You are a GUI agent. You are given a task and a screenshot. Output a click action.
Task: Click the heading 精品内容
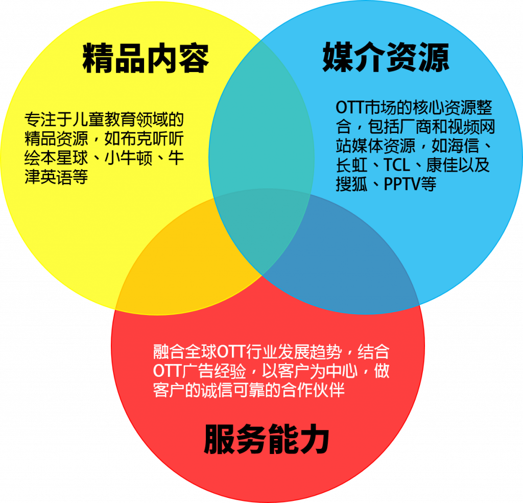146,58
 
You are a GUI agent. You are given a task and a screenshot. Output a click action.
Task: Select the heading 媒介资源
386,57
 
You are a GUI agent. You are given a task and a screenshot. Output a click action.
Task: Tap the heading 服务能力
267,439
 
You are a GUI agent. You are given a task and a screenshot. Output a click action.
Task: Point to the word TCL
396,165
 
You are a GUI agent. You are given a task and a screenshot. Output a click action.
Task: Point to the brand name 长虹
351,165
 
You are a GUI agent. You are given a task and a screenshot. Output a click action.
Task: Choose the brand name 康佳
442,165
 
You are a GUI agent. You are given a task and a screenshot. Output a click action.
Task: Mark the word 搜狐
351,184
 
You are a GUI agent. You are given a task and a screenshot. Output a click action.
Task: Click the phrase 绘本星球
56,158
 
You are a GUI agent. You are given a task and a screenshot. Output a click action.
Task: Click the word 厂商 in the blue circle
415,127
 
